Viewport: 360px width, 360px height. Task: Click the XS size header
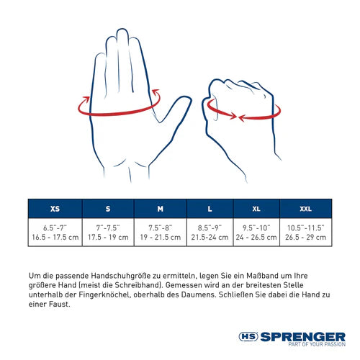[55, 209]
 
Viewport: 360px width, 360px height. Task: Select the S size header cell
[108, 209]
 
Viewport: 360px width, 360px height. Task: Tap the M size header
[160, 209]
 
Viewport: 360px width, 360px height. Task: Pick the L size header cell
[210, 209]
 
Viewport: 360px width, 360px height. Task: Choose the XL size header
[256, 209]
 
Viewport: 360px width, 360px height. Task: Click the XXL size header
[305, 209]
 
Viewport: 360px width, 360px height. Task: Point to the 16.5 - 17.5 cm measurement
[55, 236]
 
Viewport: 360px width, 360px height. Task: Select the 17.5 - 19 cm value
[108, 236]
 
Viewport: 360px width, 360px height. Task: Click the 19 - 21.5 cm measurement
[160, 236]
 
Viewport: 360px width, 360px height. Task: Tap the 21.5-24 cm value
[210, 236]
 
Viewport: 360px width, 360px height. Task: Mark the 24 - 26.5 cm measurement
[256, 236]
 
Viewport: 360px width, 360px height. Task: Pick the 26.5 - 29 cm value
[305, 236]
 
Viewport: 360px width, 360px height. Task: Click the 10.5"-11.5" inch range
[305, 227]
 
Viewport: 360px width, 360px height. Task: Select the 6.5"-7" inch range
[55, 227]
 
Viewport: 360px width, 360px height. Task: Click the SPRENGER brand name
[303, 336]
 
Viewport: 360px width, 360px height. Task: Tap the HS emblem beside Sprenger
[249, 336]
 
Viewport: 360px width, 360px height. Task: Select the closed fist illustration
[240, 115]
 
